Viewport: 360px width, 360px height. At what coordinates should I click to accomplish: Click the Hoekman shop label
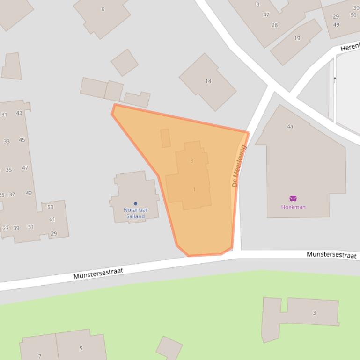(293, 207)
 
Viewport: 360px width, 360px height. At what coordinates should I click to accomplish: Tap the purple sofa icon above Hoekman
(293, 198)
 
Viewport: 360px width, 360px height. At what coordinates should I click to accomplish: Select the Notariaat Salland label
(135, 213)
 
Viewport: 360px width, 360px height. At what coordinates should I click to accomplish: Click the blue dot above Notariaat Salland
(135, 203)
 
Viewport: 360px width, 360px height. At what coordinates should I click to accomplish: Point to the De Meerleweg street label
(239, 166)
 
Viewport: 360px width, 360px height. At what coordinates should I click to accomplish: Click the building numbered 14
(208, 81)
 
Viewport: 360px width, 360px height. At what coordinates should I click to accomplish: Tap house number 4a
(290, 126)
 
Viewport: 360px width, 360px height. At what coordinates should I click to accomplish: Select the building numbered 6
(103, 9)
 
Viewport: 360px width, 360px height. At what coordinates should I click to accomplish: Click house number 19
(297, 38)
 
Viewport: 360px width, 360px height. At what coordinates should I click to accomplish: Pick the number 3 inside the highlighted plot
(192, 161)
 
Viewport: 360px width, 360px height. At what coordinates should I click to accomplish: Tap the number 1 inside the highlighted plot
(194, 189)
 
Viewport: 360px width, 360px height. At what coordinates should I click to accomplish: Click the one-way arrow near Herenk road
(335, 80)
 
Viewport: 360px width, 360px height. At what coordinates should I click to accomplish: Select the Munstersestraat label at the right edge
(331, 255)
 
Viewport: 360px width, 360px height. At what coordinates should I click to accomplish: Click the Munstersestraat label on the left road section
(98, 274)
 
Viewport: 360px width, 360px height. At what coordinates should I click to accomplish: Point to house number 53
(50, 207)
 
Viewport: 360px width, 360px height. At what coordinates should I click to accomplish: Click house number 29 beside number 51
(53, 233)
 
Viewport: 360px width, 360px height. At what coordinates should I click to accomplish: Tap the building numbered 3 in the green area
(314, 313)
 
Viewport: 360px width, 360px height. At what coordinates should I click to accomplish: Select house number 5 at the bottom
(81, 348)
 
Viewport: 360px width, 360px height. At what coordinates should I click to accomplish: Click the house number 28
(274, 25)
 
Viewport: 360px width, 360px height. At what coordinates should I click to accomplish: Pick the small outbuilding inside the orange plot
(165, 138)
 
